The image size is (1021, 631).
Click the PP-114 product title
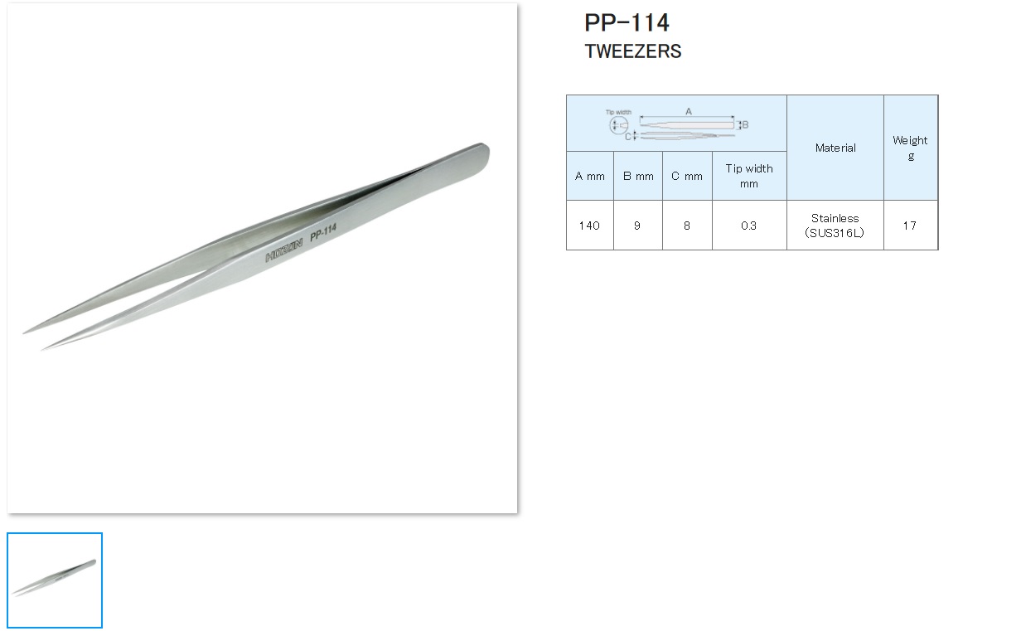(627, 22)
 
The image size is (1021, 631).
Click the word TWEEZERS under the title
(632, 51)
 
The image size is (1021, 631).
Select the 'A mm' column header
(590, 176)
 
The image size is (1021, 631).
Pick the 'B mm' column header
(638, 176)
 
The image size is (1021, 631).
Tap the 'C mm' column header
(687, 176)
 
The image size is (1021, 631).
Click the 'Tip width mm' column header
(749, 176)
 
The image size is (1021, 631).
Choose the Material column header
(835, 148)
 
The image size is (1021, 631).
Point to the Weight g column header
(910, 148)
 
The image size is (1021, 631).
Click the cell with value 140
(589, 226)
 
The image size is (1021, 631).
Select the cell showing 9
(637, 226)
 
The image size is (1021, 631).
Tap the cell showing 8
(687, 226)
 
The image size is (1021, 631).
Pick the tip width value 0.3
(749, 226)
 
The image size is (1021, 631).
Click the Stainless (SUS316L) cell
(835, 226)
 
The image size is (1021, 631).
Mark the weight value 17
(910, 226)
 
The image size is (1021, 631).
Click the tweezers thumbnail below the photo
(55, 580)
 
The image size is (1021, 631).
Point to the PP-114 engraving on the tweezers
(323, 234)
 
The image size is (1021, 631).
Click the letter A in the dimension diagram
(688, 111)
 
